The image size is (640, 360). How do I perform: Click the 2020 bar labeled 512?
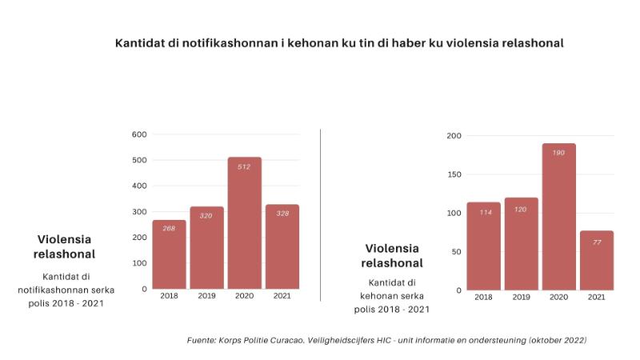pyautogui.click(x=244, y=224)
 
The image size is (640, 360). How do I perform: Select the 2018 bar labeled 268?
pyautogui.click(x=169, y=254)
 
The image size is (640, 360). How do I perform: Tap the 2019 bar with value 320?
pyautogui.click(x=206, y=248)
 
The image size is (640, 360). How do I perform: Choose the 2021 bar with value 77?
pyautogui.click(x=596, y=261)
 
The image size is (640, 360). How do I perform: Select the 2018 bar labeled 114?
pyautogui.click(x=483, y=246)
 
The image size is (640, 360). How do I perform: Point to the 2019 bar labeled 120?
pyautogui.click(x=521, y=244)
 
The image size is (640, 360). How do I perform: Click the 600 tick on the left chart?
pyautogui.click(x=139, y=134)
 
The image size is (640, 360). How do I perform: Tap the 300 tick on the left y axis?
pyautogui.click(x=139, y=211)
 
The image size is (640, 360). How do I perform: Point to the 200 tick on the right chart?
pyautogui.click(x=454, y=136)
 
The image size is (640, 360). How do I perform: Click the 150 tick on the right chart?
pyautogui.click(x=454, y=174)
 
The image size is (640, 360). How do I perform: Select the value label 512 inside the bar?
pyautogui.click(x=244, y=167)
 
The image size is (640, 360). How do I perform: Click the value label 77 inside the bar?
pyautogui.click(x=596, y=242)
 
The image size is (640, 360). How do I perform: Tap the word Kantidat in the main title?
pyautogui.click(x=141, y=43)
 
